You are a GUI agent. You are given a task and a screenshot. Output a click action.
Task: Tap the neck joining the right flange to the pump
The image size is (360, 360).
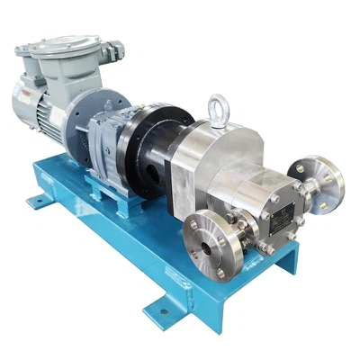tap(300, 186)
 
